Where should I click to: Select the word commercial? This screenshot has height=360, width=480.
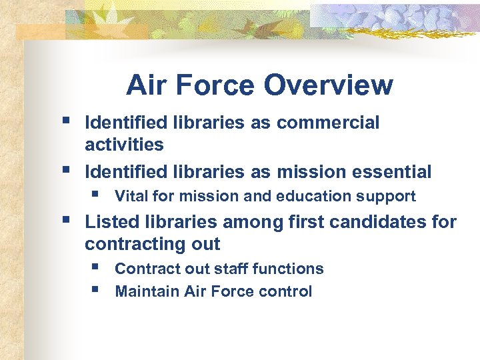[328, 123]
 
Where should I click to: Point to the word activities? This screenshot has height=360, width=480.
[124, 144]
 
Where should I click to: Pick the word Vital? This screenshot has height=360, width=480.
[130, 196]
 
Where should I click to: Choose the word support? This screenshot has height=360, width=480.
[389, 196]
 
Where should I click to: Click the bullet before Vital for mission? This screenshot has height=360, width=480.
[97, 195]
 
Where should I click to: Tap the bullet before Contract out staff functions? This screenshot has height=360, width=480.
[97, 268]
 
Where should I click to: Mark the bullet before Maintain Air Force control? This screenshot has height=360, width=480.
[97, 291]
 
